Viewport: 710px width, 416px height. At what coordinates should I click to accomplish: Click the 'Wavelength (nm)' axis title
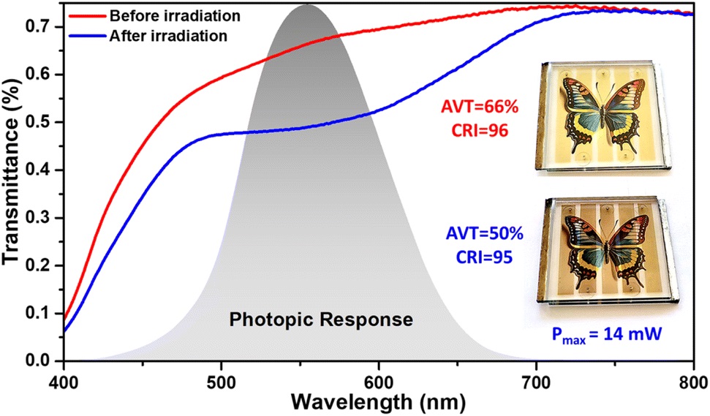[x=377, y=401]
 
